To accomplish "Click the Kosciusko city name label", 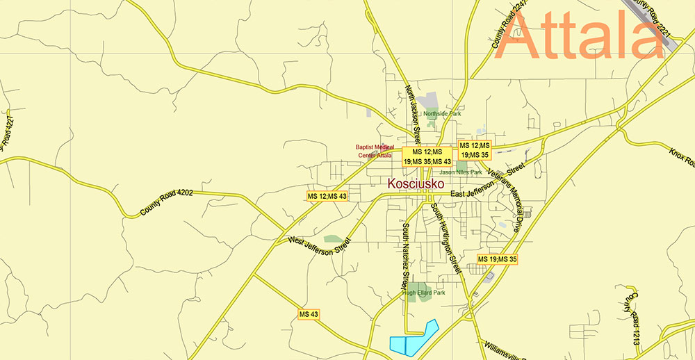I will pos(417,183).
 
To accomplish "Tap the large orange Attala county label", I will pos(582,35).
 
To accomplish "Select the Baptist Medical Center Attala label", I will pos(375,151).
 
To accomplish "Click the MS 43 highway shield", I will pos(309,314).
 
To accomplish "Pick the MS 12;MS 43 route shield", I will pos(327,197).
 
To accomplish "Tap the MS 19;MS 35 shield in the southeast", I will pos(497,259).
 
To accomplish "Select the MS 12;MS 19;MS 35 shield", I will pos(475,150).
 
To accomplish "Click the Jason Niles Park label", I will pos(460,172).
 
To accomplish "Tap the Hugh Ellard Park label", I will pos(423,293).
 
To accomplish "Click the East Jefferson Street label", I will pos(480,194).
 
